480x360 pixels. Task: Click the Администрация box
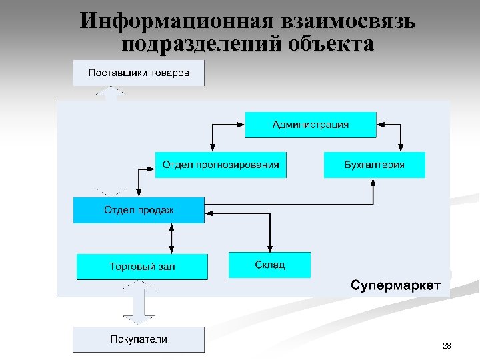point(310,125)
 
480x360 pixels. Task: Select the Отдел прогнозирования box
point(221,165)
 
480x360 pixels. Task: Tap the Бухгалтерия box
point(374,165)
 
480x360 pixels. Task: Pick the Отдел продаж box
point(139,210)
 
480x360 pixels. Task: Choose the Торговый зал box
point(141,266)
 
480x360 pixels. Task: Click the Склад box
point(269,265)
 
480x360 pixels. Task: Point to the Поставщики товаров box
point(139,73)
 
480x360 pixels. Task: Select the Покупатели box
point(139,339)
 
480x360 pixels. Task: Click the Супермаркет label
point(395,286)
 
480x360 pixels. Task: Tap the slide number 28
point(447,345)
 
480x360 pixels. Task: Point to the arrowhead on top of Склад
point(269,247)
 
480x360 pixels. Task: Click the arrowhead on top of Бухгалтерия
point(401,148)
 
